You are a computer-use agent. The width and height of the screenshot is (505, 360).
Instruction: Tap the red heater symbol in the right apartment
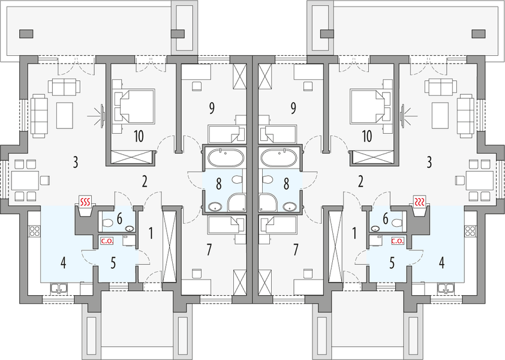pos(420,202)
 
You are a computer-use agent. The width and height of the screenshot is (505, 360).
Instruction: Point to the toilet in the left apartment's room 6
pos(107,223)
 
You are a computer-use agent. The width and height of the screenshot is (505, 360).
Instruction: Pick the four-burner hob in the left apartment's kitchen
pos(35,231)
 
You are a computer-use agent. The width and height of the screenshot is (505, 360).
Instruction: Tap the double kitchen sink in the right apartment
pos(446,289)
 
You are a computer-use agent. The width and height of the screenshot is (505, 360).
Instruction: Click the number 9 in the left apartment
pos(211,109)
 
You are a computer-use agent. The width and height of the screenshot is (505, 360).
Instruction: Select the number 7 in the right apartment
pos(296,250)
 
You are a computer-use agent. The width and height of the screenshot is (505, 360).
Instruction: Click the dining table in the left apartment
pos(25,181)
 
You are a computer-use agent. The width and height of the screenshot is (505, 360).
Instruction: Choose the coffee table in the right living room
pos(440,116)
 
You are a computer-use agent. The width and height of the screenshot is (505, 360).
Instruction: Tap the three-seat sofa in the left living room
pos(40,116)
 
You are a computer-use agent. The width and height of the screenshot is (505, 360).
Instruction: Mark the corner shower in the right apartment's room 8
pos(267,203)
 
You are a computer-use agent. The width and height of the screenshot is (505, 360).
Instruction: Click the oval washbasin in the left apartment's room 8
pos(215,206)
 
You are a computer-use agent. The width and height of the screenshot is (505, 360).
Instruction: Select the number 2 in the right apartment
pos(360,182)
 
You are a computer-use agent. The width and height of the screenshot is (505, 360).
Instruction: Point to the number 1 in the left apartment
pos(151,233)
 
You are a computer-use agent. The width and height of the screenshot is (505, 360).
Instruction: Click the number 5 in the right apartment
pos(392,263)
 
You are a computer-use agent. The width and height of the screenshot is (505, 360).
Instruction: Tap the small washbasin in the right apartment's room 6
pos(375,229)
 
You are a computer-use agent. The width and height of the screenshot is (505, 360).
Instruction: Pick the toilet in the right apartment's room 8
pos(267,179)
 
